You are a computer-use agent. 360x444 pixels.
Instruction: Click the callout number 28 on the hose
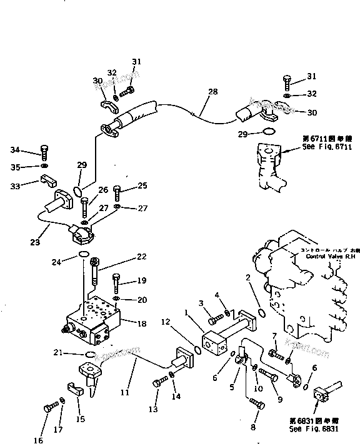point(212,92)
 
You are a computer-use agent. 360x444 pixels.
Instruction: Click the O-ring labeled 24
point(82,254)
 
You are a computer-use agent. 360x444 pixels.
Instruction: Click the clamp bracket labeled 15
point(74,389)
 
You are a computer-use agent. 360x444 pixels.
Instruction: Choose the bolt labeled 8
point(255,403)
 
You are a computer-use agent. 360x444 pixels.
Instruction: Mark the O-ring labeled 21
point(89,355)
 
